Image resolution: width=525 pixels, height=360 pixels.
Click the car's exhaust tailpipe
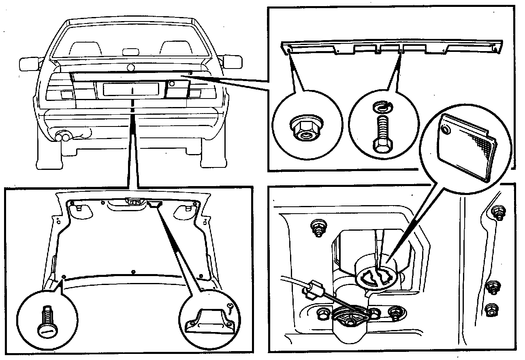click(62, 137)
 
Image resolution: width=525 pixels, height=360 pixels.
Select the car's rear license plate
click(130, 89)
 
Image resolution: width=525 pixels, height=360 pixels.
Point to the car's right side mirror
click(233, 62)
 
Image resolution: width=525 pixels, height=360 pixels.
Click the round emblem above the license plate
click(130, 68)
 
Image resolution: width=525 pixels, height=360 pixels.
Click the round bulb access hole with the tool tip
click(376, 277)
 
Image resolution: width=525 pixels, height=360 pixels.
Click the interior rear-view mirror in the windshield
click(130, 52)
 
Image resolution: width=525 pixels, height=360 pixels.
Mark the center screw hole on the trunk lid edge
click(133, 272)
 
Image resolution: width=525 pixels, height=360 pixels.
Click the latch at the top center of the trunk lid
click(135, 200)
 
